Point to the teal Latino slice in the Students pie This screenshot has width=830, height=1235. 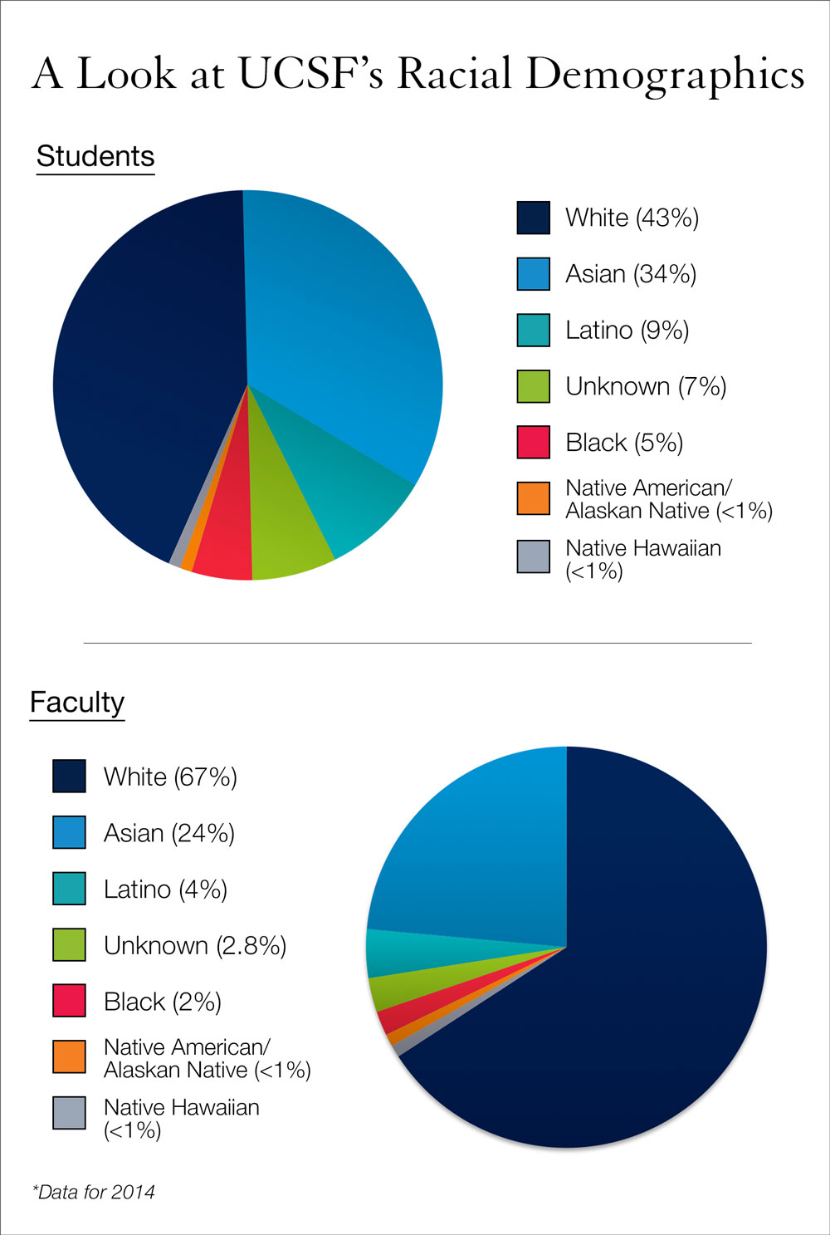coord(349,482)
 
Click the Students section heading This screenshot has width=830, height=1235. coord(95,156)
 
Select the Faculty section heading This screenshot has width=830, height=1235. coord(77,702)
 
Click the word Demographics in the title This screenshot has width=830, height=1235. coord(665,75)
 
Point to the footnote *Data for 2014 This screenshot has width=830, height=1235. coord(94,1192)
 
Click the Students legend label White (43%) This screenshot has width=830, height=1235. coord(632,218)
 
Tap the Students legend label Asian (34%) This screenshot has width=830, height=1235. coord(631,274)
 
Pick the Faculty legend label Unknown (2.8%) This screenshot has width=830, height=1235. coord(195,945)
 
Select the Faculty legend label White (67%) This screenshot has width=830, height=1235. coord(170,777)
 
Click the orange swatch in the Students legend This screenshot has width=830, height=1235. coord(533,498)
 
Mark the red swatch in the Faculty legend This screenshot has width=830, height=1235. coord(69,1001)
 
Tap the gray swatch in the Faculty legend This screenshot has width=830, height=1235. coord(69,1113)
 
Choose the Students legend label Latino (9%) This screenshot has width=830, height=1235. coord(627,331)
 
